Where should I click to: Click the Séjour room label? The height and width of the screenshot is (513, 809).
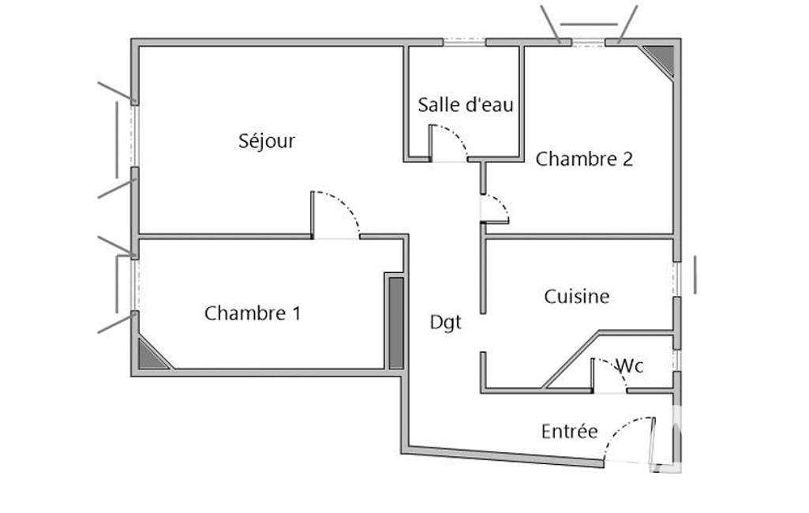click(x=267, y=141)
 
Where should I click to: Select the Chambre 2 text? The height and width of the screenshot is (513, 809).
click(x=584, y=159)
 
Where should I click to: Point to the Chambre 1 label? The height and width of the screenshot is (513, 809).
click(x=252, y=313)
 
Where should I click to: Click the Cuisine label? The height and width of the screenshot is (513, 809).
click(x=577, y=297)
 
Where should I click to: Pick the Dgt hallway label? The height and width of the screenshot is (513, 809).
click(x=445, y=322)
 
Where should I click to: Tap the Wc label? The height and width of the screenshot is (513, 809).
click(x=629, y=366)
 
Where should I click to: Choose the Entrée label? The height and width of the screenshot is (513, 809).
click(x=569, y=432)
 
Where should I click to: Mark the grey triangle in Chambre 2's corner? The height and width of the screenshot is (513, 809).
click(x=661, y=58)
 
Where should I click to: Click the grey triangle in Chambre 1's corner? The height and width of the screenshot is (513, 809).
click(x=151, y=356)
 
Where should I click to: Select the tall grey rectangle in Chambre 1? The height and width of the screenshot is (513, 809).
click(x=396, y=322)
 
